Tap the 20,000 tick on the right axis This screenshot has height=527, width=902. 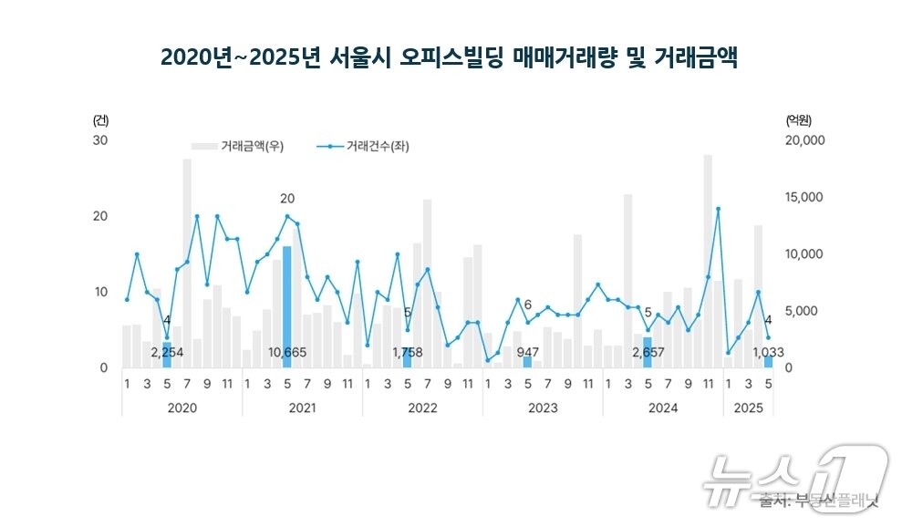tap(804, 140)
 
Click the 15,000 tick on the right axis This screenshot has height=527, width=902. tap(804, 197)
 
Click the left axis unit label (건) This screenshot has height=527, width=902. tap(99, 120)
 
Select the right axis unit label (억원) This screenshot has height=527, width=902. tap(798, 120)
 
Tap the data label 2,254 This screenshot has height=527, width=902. tap(167, 352)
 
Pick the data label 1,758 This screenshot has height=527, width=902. tap(408, 352)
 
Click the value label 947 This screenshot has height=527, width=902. tap(528, 352)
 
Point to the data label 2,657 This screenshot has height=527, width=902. tap(648, 352)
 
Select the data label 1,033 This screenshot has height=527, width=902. tap(768, 352)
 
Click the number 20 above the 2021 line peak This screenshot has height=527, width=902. tap(287, 199)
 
